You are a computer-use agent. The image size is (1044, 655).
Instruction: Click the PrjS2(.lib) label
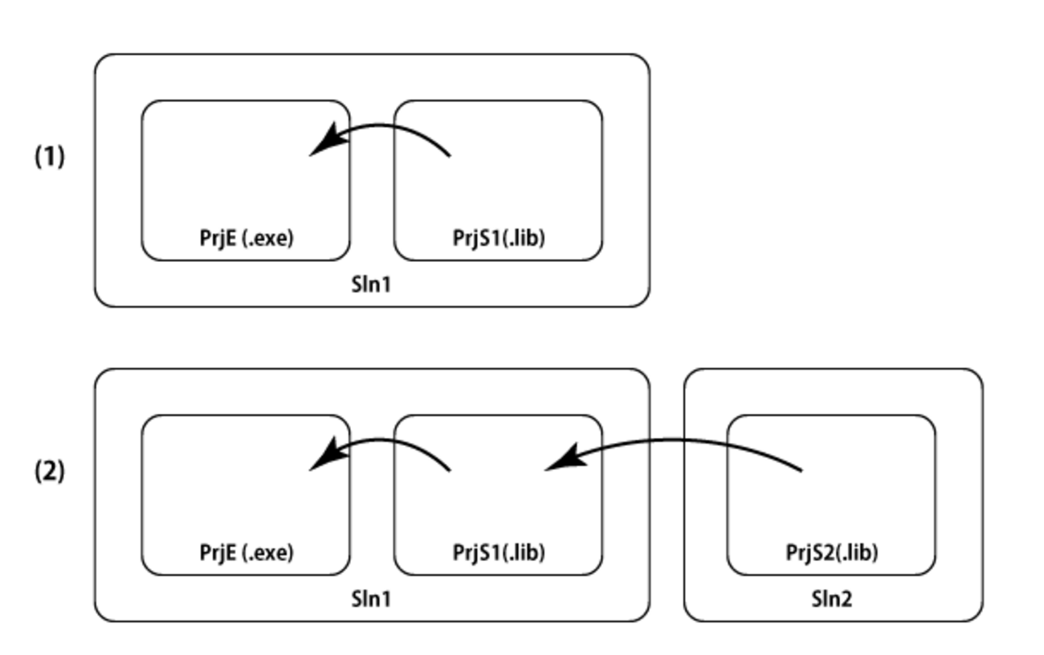pyautogui.click(x=831, y=553)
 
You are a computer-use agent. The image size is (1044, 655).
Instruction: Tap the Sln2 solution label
pyautogui.click(x=832, y=599)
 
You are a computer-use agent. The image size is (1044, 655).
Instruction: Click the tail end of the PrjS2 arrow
pyautogui.click(x=800, y=469)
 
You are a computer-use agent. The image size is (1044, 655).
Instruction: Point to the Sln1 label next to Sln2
pyautogui.click(x=371, y=599)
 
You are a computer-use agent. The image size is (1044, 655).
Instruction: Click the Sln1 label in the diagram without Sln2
pyautogui.click(x=371, y=285)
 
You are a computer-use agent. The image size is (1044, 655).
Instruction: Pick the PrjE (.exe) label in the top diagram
pyautogui.click(x=247, y=238)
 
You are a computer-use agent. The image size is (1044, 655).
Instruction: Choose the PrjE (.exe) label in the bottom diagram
pyautogui.click(x=247, y=553)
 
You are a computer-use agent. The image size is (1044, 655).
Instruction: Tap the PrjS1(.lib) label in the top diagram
pyautogui.click(x=499, y=238)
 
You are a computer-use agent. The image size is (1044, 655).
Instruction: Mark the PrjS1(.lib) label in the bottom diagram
pyautogui.click(x=499, y=553)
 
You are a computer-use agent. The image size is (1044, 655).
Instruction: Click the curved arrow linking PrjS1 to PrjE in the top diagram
pyautogui.click(x=385, y=126)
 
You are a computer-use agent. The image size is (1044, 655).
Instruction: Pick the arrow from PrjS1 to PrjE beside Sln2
pyautogui.click(x=385, y=440)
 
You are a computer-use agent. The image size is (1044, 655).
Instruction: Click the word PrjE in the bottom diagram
pyautogui.click(x=218, y=553)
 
